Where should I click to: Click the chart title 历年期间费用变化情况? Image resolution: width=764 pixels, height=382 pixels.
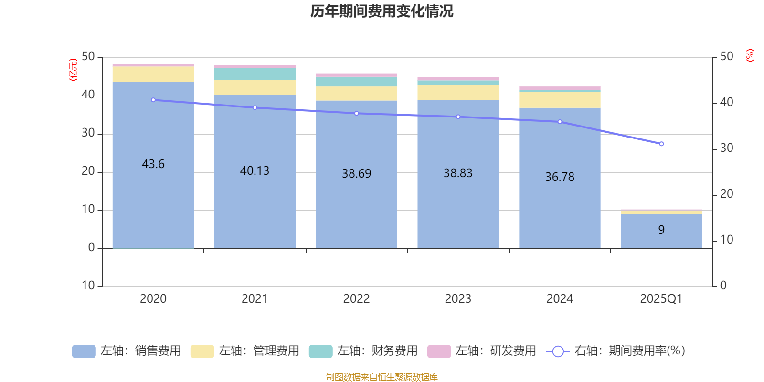[382, 11]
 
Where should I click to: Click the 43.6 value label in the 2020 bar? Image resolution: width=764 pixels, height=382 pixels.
[153, 164]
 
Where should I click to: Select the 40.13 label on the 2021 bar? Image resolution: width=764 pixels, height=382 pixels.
[255, 170]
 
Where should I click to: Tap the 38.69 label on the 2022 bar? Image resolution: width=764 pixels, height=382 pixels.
[356, 173]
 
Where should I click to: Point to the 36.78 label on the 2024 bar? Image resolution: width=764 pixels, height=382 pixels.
[560, 177]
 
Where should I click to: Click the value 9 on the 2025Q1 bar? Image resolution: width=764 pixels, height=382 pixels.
[661, 230]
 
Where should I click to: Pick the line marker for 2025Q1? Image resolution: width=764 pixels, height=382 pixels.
[661, 144]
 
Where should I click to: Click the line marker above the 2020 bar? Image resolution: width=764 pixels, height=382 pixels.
[153, 100]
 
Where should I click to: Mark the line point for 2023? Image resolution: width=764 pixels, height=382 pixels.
[458, 117]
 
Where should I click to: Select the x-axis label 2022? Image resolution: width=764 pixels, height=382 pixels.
[356, 298]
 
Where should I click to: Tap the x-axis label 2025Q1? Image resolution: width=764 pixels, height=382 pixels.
[661, 298]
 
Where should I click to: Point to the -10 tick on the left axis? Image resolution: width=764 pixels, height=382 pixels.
[86, 286]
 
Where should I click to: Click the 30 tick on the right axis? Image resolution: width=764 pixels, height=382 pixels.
[726, 148]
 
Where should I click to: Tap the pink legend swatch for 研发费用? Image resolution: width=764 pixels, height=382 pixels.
[439, 351]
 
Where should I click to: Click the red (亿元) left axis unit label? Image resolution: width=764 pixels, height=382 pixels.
[73, 70]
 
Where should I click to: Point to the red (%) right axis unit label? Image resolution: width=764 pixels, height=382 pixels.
[750, 55]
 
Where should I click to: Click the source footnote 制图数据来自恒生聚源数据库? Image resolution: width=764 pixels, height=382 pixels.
[382, 377]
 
